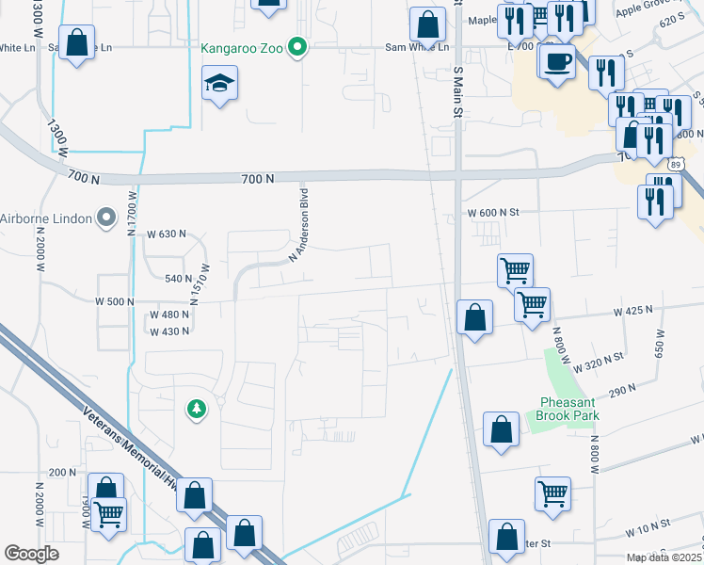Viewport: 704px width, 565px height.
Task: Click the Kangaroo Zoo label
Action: pos(243,47)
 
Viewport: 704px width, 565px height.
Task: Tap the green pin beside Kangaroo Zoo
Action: pos(298,47)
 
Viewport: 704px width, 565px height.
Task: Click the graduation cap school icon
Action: pos(219,85)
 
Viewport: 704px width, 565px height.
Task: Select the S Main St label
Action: pos(459,92)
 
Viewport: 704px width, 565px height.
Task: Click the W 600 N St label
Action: pos(493,214)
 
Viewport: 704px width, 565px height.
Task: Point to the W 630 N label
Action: pos(168,234)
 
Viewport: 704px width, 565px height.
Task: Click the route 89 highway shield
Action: pos(673,164)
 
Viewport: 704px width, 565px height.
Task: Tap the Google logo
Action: pos(31,554)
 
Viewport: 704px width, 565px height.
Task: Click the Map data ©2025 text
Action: pos(664,557)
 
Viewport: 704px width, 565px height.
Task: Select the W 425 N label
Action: pos(632,310)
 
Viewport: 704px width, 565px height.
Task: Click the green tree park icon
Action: pos(197,409)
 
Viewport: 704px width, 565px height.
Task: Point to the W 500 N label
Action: pos(116,300)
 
